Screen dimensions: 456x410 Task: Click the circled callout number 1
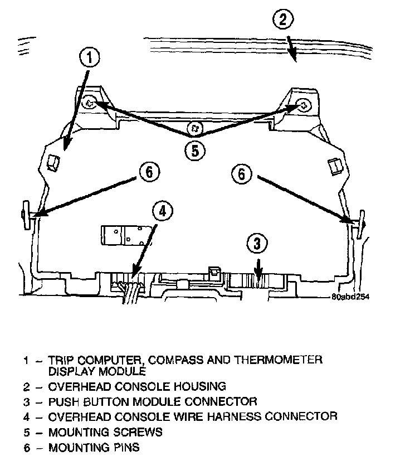91,57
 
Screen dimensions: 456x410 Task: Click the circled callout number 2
284,21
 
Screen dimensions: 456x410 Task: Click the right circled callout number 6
241,173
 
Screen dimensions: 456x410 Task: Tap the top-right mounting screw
303,104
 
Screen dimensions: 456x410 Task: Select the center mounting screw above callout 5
194,128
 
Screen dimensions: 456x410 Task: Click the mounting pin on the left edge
27,214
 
